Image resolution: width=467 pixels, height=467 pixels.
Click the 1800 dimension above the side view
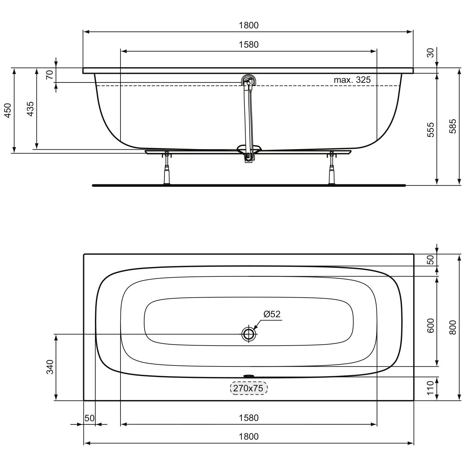248,25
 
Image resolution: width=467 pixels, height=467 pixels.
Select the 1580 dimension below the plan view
248,417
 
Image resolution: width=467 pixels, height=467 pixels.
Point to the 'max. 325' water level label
352,80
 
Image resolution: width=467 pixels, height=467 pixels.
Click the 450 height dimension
8,110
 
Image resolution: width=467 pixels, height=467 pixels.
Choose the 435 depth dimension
30,109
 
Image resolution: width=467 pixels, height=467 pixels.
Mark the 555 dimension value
430,130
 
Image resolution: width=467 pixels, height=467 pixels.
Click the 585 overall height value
453,126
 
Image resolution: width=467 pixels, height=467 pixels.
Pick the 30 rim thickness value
430,53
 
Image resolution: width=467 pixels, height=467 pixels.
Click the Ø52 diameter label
272,314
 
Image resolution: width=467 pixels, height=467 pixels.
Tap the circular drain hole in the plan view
249,334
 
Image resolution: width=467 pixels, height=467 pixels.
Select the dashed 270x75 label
248,388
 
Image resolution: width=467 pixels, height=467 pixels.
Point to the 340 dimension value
50,367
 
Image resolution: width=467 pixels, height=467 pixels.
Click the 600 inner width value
430,325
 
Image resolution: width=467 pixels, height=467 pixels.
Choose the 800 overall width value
453,327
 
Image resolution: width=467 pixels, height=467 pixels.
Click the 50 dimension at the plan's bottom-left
89,418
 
